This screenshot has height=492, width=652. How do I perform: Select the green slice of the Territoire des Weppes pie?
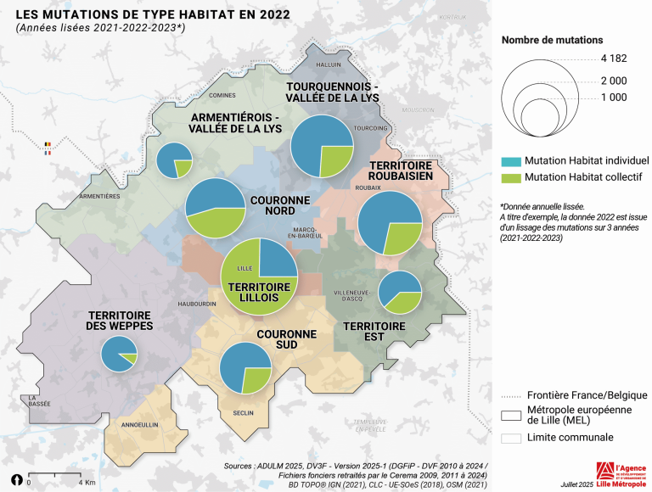(x=128, y=359)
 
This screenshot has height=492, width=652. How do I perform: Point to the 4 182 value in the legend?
(x=613, y=59)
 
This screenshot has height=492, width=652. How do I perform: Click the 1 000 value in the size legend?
(x=613, y=98)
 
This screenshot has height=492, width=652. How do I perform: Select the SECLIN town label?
(x=244, y=413)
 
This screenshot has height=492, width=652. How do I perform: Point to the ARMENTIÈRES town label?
(x=99, y=195)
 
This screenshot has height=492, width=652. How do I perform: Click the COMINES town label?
(x=222, y=96)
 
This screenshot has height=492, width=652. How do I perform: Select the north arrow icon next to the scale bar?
(x=15, y=480)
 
